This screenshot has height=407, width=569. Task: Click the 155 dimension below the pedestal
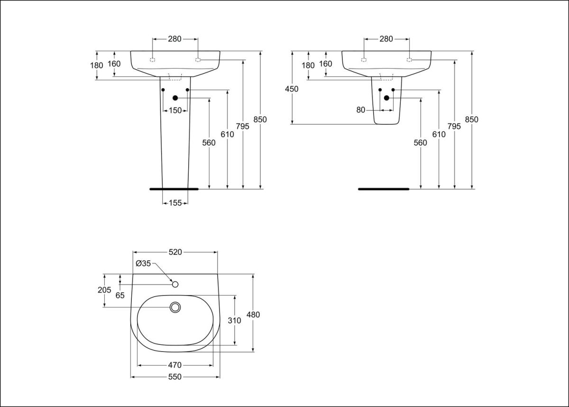pos(175,203)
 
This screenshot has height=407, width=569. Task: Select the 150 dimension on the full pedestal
pos(175,111)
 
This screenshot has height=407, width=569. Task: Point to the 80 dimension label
pos(361,110)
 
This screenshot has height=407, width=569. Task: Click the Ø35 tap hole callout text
pos(143,264)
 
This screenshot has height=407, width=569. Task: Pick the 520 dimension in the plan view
pos(175,252)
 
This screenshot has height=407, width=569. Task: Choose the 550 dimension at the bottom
pos(175,377)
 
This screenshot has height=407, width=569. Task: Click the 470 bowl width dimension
pos(175,365)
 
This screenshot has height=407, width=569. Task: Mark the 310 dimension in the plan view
pos(235,320)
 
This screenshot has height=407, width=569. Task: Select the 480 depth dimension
pos(253,314)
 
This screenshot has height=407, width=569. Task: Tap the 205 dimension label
pos(104,290)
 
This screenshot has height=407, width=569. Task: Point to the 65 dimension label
pos(120,295)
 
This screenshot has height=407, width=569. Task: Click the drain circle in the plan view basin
pos(175,307)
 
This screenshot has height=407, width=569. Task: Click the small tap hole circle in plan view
pos(175,284)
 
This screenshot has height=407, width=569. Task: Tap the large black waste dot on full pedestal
pos(175,98)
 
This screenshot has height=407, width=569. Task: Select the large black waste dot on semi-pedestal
pos(386,98)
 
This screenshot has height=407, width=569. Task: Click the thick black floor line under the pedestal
pos(174,189)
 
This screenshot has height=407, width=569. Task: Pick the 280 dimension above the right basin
pos(386,39)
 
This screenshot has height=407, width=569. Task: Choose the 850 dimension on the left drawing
pos(260,120)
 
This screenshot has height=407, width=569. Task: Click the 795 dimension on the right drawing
pos(454,126)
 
